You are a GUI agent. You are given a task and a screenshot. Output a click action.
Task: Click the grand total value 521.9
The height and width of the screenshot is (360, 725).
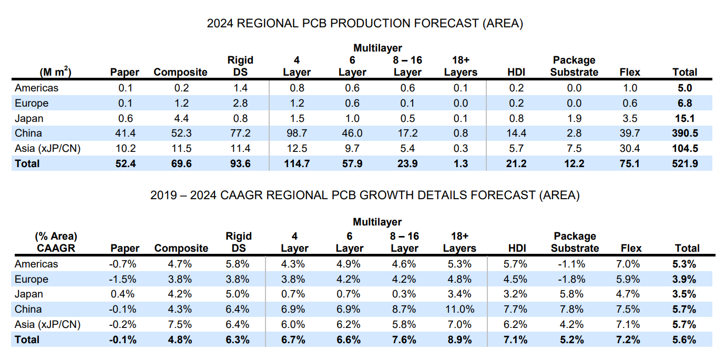pyautogui.click(x=685, y=163)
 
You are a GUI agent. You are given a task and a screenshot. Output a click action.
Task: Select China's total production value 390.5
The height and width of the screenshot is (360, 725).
pyautogui.click(x=685, y=133)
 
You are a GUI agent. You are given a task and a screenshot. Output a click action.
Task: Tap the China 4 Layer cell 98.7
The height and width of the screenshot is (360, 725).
pyautogui.click(x=297, y=133)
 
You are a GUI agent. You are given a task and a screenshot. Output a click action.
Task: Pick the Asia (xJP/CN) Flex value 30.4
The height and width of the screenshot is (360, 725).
pyautogui.click(x=629, y=149)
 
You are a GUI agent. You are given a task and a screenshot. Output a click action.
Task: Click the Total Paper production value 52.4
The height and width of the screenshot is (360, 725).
pyautogui.click(x=125, y=163)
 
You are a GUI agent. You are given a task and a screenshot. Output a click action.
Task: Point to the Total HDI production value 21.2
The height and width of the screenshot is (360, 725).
pyautogui.click(x=517, y=163)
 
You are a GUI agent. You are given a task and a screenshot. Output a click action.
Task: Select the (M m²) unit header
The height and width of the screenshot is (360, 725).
pyautogui.click(x=55, y=73)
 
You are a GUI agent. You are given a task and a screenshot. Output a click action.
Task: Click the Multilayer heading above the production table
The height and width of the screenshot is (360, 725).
pyautogui.click(x=377, y=48)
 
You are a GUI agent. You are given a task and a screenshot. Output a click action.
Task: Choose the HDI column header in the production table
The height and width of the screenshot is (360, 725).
pyautogui.click(x=517, y=73)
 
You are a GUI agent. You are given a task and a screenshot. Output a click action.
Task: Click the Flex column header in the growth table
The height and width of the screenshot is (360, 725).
pyautogui.click(x=630, y=248)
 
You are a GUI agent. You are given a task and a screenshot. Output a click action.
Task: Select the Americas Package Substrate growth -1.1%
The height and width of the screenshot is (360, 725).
pyautogui.click(x=574, y=264)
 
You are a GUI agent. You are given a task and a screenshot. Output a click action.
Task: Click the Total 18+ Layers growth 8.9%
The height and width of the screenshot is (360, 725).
pyautogui.click(x=460, y=340)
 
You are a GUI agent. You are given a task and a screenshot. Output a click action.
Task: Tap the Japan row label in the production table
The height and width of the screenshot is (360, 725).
pyautogui.click(x=29, y=118)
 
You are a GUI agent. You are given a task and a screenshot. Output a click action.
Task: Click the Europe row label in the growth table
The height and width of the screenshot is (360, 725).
pyautogui.click(x=32, y=279)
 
